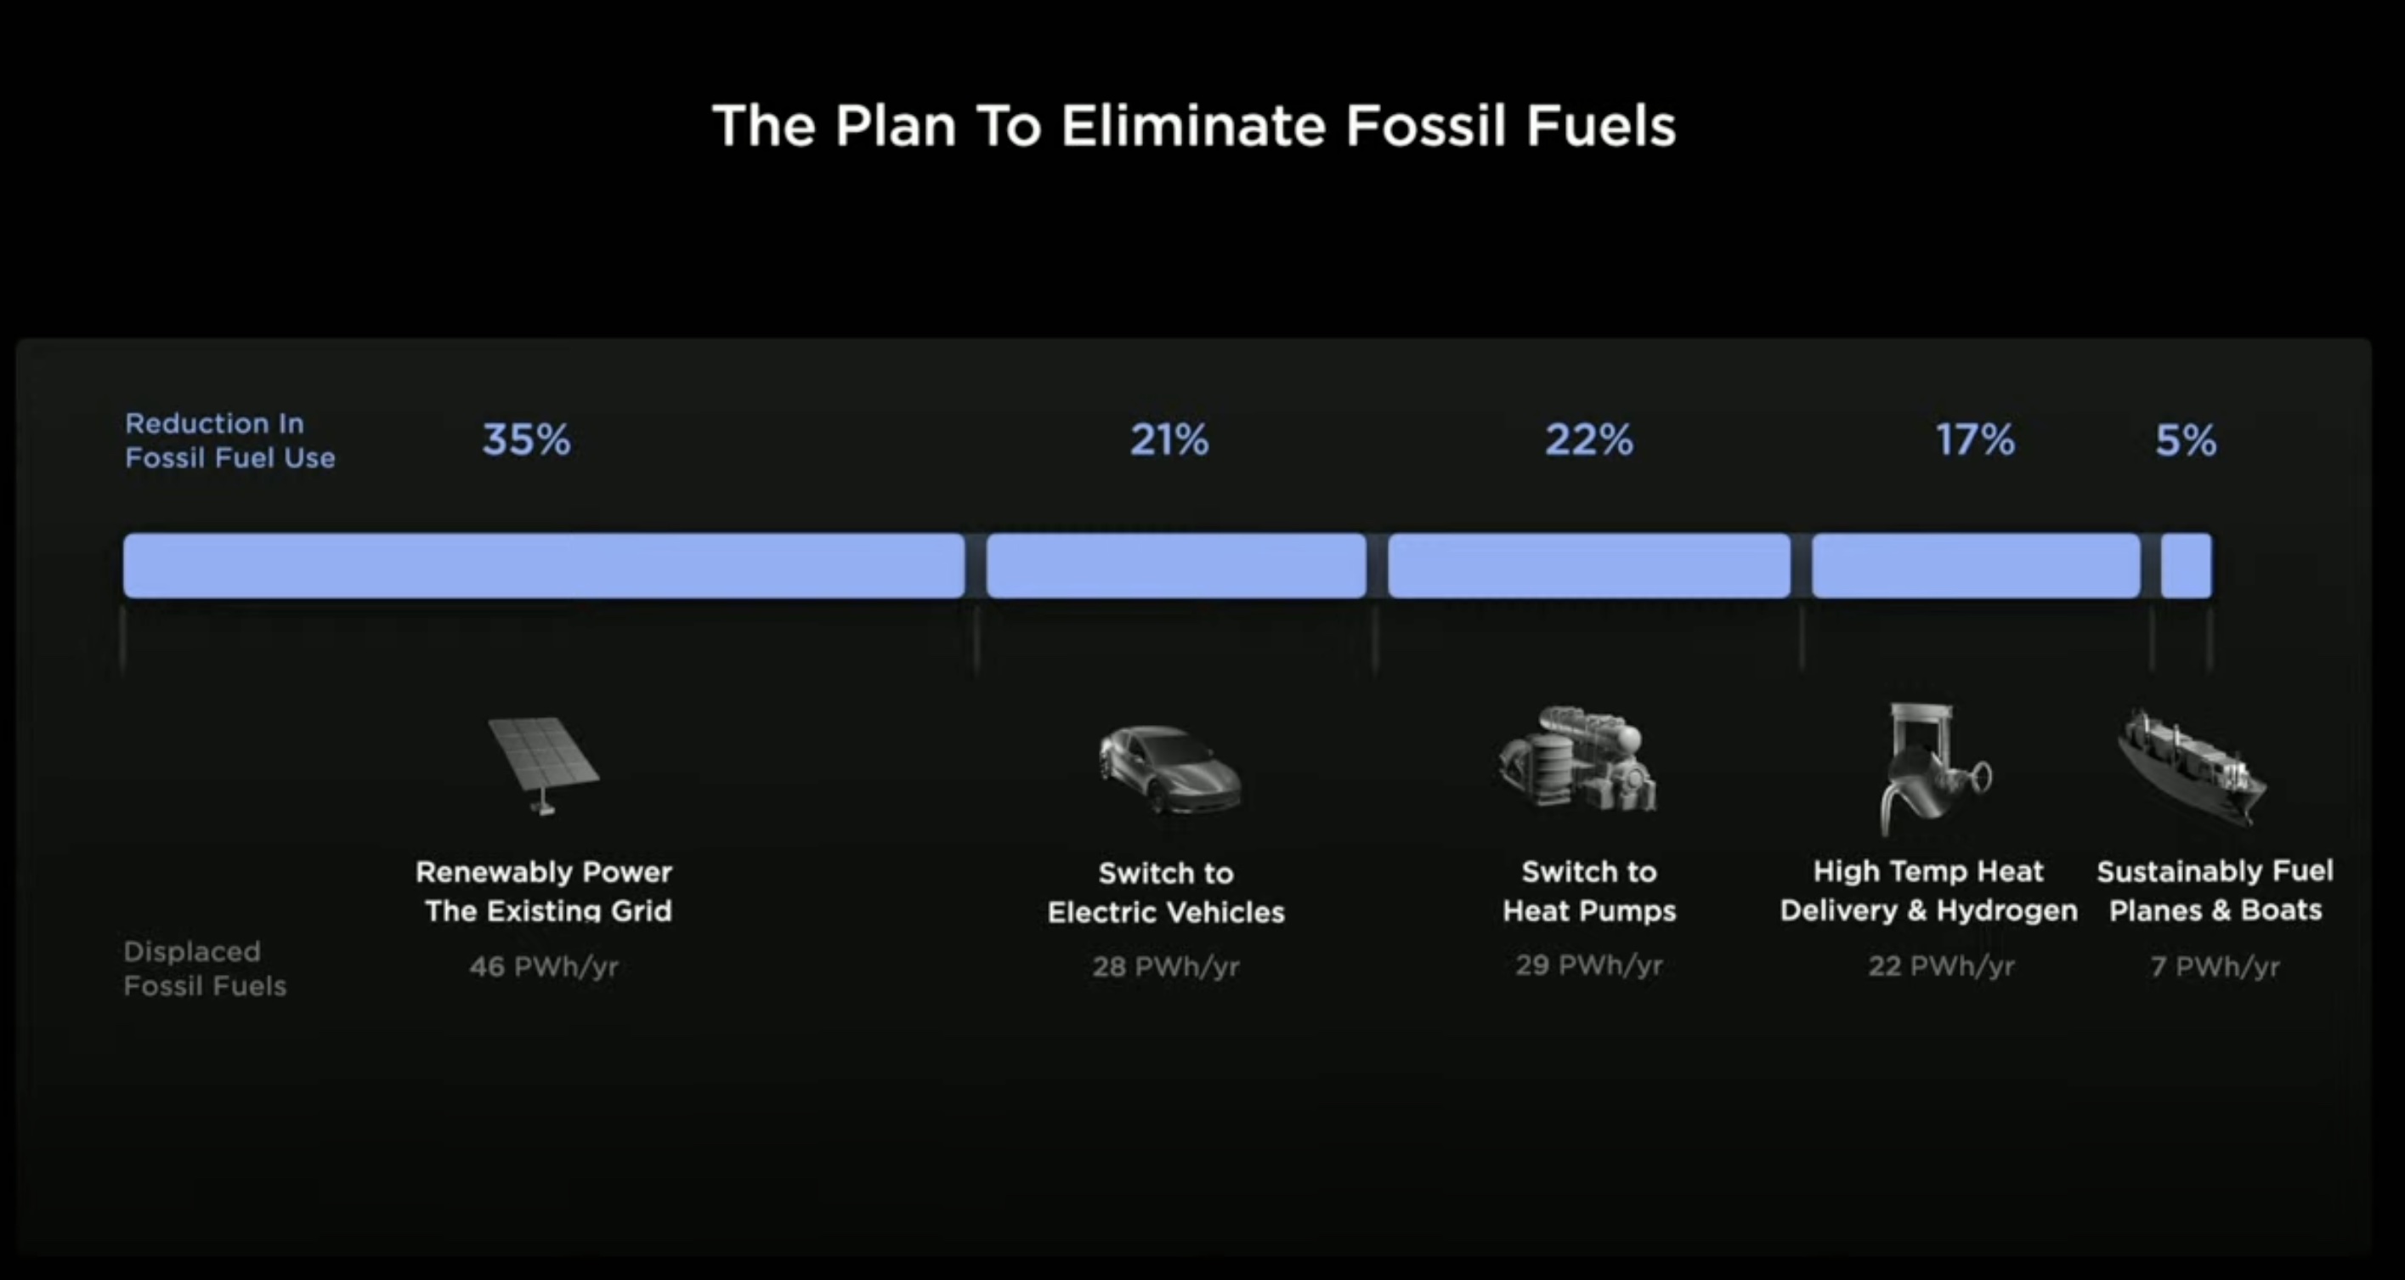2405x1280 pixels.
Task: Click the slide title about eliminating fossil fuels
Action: [1194, 126]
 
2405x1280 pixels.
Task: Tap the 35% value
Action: [527, 439]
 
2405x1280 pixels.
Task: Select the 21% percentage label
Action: [1169, 439]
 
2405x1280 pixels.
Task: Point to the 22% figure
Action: [1589, 439]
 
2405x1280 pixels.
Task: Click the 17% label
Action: [1976, 439]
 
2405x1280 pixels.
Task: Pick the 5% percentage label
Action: [2186, 439]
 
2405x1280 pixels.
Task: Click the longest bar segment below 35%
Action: [544, 566]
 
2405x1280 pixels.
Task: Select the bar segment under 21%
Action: [1176, 566]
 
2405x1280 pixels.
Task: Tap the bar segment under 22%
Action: [1589, 566]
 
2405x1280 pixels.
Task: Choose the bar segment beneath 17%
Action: [1977, 566]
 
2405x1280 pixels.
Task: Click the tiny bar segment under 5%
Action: [2187, 566]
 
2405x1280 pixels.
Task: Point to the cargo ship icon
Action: [2191, 768]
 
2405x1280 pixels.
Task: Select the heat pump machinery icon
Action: [1578, 758]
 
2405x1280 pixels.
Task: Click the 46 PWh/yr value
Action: [544, 966]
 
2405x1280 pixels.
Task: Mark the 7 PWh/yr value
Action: [2215, 966]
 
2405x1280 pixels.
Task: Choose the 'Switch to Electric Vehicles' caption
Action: [1166, 892]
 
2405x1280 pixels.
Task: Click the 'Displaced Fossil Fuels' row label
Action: [205, 969]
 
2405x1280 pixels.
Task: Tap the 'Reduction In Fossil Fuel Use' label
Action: [229, 440]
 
